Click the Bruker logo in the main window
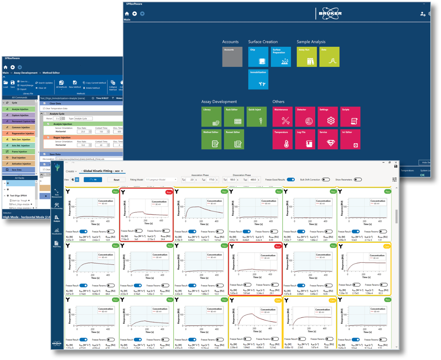pyautogui.click(x=330, y=13)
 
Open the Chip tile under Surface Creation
pyautogui.click(x=258, y=57)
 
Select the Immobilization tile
pyautogui.click(x=258, y=80)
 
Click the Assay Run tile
pyautogui.click(x=307, y=57)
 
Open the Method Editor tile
pyautogui.click(x=211, y=139)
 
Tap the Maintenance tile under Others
pyautogui.click(x=283, y=117)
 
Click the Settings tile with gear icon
pyautogui.click(x=328, y=117)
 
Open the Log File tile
pyautogui.click(x=305, y=139)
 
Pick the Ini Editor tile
pyautogui.click(x=350, y=139)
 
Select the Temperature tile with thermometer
pyautogui.click(x=283, y=139)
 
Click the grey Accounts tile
pyautogui.click(x=232, y=57)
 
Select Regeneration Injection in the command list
pyautogui.click(x=23, y=133)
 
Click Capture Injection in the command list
pyautogui.click(x=20, y=115)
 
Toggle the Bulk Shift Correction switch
pyautogui.click(x=326, y=179)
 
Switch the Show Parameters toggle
pyautogui.click(x=358, y=179)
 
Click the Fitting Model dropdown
pyautogui.click(x=161, y=179)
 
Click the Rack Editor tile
pyautogui.click(x=234, y=117)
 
